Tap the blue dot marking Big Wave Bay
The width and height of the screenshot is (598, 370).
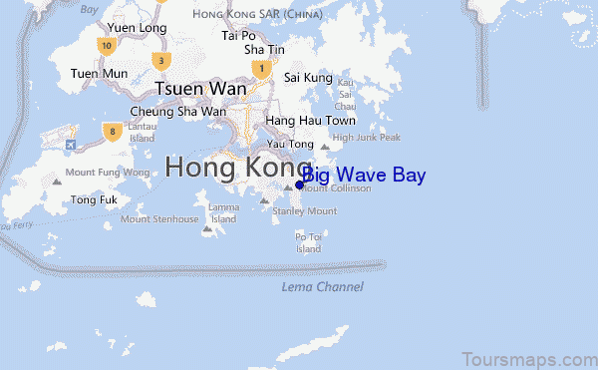point(300,185)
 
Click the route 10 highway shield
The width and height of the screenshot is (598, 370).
point(105,45)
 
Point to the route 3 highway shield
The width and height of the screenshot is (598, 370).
point(160,61)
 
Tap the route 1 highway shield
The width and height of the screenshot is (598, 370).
point(261,69)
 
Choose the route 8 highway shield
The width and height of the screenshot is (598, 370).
point(115,130)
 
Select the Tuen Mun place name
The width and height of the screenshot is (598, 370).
point(99,73)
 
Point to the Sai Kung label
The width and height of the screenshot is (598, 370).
point(307,76)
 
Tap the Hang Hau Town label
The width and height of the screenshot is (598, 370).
point(297,120)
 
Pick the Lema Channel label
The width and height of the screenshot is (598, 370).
point(322,287)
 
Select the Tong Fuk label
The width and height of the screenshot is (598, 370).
point(89,199)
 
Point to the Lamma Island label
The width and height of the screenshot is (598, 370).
point(223,213)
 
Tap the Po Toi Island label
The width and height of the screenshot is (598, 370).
point(308,242)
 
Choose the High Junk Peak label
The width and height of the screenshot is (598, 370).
point(366,138)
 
